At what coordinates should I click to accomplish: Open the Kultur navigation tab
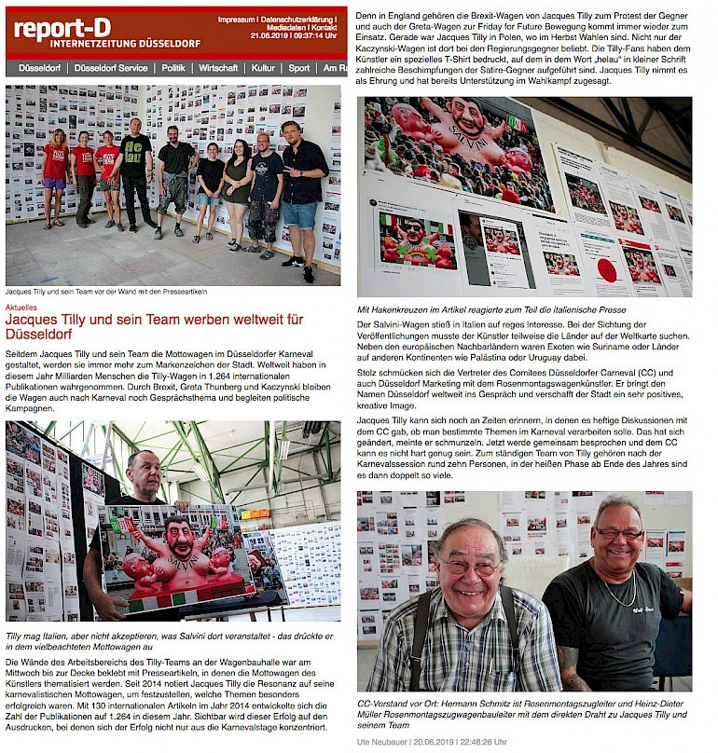coord(263,68)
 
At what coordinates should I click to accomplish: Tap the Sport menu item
coord(298,68)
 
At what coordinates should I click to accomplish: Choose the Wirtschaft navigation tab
coord(218,68)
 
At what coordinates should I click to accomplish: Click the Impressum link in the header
coord(236,20)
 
